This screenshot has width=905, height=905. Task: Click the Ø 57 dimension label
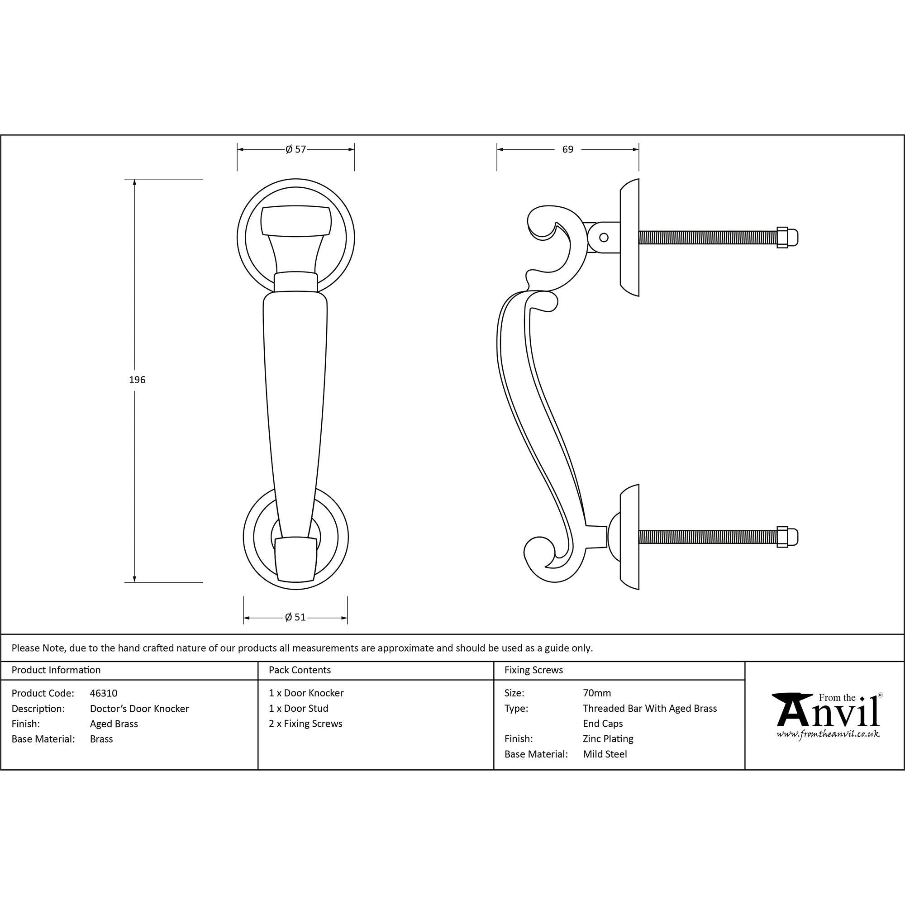tap(295, 149)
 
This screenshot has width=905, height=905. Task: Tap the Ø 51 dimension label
tap(295, 617)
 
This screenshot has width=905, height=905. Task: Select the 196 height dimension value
tap(137, 380)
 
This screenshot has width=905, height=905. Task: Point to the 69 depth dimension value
tap(567, 149)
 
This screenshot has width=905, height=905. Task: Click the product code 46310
tap(104, 693)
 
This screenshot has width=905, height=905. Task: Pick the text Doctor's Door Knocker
tap(139, 709)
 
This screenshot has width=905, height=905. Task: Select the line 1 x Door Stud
tap(298, 708)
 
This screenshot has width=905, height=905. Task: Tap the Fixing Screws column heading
tap(533, 670)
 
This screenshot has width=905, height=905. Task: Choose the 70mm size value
tap(597, 693)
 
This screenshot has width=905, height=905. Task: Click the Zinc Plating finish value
tap(608, 739)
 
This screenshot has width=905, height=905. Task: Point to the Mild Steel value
tap(605, 754)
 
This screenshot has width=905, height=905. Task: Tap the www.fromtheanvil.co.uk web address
tap(828, 734)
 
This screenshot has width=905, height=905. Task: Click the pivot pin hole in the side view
tap(604, 237)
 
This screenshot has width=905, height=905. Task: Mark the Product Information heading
tap(56, 670)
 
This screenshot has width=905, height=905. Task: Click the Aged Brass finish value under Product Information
tap(114, 724)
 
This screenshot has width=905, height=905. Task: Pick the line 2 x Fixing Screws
tap(305, 724)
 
